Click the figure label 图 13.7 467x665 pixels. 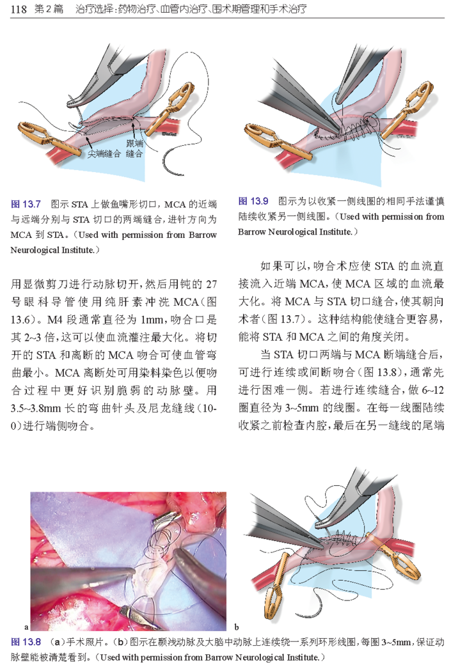point(26,205)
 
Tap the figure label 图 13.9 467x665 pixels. point(253,201)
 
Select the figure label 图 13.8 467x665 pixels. point(26,642)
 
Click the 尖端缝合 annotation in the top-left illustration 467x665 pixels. point(104,153)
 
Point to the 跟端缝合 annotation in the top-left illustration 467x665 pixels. point(134,148)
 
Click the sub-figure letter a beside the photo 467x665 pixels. point(26,627)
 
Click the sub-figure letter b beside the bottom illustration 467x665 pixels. point(236,627)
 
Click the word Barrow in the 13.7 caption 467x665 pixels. point(203,235)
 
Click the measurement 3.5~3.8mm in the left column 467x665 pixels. point(36,408)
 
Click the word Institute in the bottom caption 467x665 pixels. point(301,657)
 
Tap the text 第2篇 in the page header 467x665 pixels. point(49,9)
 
